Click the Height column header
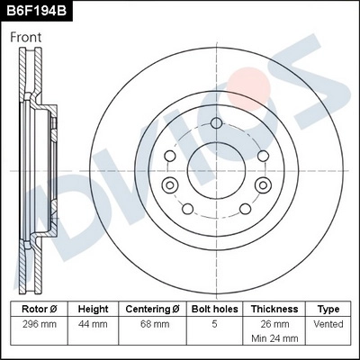click(x=93, y=308)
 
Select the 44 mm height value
click(x=93, y=324)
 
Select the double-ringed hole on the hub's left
click(x=167, y=184)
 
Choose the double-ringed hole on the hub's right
click(x=263, y=184)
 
